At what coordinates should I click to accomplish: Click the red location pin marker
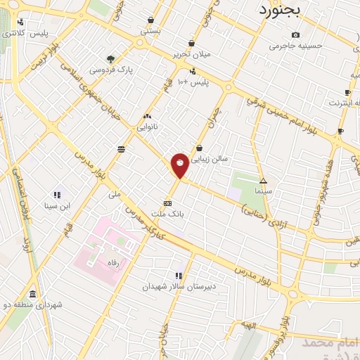click(180, 165)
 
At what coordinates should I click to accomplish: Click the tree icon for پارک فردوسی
click(110, 59)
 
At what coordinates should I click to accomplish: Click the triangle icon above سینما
click(263, 181)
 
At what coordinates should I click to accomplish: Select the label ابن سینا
click(56, 206)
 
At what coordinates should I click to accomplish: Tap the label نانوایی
click(147, 127)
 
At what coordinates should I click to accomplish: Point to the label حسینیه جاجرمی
click(295, 46)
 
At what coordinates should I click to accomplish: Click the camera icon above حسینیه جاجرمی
click(295, 35)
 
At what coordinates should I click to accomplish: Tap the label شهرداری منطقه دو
click(33, 304)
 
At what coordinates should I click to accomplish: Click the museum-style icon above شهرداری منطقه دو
click(32, 294)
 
